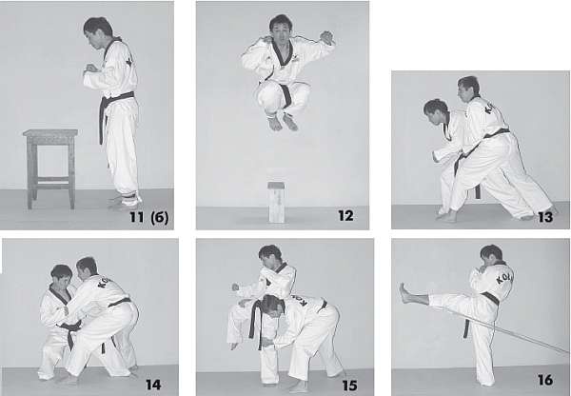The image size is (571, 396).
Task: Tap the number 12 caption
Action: coord(345,216)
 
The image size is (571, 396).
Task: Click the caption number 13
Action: coord(545,217)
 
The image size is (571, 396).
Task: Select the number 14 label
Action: coord(153,385)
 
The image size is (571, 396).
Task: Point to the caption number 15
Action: coord(350,386)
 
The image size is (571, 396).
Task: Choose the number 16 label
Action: coord(545,380)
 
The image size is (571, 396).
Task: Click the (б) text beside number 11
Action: coord(160,218)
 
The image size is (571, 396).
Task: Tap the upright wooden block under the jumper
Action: coord(277,202)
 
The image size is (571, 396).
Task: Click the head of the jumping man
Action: coord(281,28)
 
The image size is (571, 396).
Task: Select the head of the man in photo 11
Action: coord(98,32)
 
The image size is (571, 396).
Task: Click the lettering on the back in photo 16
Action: coord(504,278)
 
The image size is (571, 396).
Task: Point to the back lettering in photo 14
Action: coord(104,282)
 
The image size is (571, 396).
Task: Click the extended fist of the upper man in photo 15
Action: coord(237,287)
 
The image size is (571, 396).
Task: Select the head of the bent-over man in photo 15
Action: coord(273,305)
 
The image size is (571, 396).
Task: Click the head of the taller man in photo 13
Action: coord(468,89)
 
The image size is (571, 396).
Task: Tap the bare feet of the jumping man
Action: coord(283,122)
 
